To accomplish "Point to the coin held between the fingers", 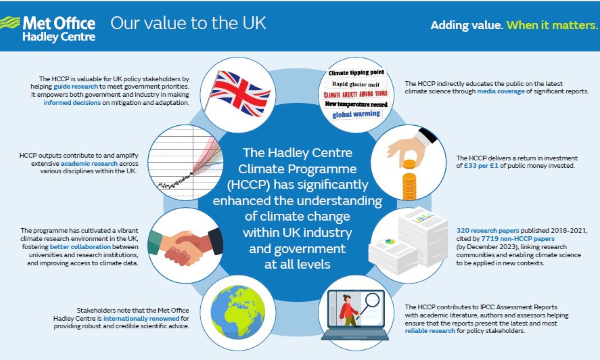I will click(x=409, y=164).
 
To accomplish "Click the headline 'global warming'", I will click(x=356, y=114).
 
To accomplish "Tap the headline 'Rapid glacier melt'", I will click(x=355, y=84).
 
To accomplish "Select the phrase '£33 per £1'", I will click(x=481, y=166).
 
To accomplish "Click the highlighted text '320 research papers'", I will click(x=487, y=231).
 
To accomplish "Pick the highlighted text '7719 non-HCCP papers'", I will click(x=518, y=239).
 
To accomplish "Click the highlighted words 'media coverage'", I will click(x=501, y=91).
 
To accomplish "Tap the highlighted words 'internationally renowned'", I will click(x=141, y=318).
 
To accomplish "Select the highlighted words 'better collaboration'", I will click(x=80, y=247).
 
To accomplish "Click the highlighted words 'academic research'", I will click(x=89, y=163).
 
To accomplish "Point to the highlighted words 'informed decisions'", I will click(x=72, y=103).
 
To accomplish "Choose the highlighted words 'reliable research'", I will click(x=430, y=331).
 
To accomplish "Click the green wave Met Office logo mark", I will click(x=10, y=23).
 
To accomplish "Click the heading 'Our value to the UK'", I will click(x=188, y=23).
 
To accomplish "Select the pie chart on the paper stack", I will click(x=390, y=241).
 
